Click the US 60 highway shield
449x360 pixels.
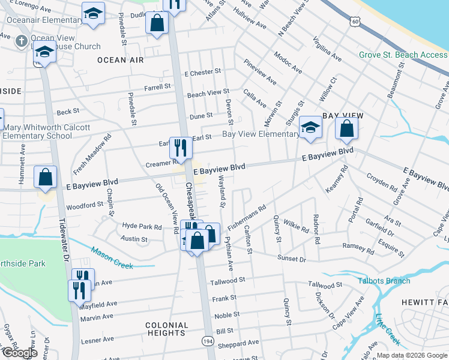[356, 22]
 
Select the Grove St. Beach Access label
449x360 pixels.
[403, 55]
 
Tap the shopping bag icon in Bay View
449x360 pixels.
[346, 128]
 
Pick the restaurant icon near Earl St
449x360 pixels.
[180, 147]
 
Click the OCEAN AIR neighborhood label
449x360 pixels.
[120, 60]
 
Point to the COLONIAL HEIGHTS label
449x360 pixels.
[166, 329]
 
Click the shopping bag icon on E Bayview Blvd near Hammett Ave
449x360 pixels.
[46, 177]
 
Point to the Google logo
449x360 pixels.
[19, 353]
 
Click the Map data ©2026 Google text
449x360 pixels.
[411, 355]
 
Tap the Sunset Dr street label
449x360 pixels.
[292, 258]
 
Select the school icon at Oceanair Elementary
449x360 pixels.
[94, 13]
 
